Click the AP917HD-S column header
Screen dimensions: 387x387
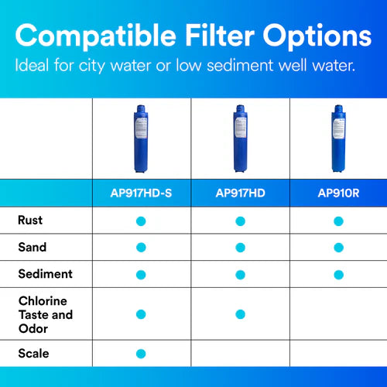(141, 193)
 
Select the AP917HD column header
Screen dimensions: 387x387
(240, 193)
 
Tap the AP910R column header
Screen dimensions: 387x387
(338, 193)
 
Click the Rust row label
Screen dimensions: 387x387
(30, 221)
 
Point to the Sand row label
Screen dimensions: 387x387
(32, 248)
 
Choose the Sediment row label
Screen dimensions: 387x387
(45, 274)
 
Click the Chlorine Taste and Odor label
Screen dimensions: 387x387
(45, 313)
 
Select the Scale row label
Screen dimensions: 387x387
(33, 353)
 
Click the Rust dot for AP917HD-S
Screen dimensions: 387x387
(141, 221)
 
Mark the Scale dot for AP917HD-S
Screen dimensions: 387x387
(141, 354)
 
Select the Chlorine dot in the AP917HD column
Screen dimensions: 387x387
(240, 314)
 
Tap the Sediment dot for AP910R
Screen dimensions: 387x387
(338, 275)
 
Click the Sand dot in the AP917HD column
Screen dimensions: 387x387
(240, 248)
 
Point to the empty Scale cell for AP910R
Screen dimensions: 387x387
(338, 354)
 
